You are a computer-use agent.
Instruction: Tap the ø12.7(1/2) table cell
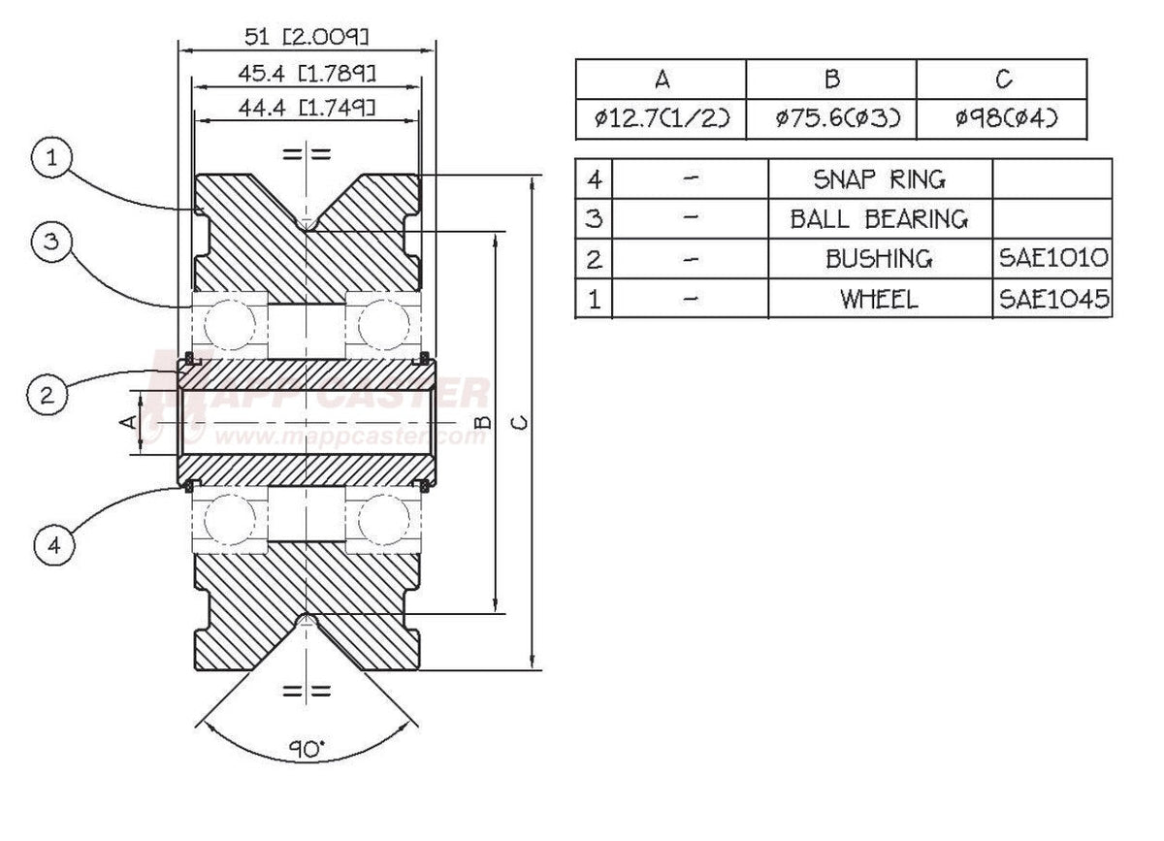[x=661, y=119]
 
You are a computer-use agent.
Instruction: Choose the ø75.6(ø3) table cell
[x=831, y=119]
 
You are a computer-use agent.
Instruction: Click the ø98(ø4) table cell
[x=1002, y=119]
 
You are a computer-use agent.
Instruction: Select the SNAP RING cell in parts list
[x=880, y=178]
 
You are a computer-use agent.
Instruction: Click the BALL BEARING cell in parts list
[x=880, y=218]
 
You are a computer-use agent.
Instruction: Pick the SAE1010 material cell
[x=1052, y=258]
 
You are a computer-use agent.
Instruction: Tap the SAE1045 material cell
[x=1052, y=299]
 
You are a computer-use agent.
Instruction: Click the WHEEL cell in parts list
[x=880, y=299]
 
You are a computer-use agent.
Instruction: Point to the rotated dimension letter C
[x=522, y=422]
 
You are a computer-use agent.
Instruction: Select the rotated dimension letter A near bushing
[x=126, y=421]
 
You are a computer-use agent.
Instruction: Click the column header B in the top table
[x=831, y=79]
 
